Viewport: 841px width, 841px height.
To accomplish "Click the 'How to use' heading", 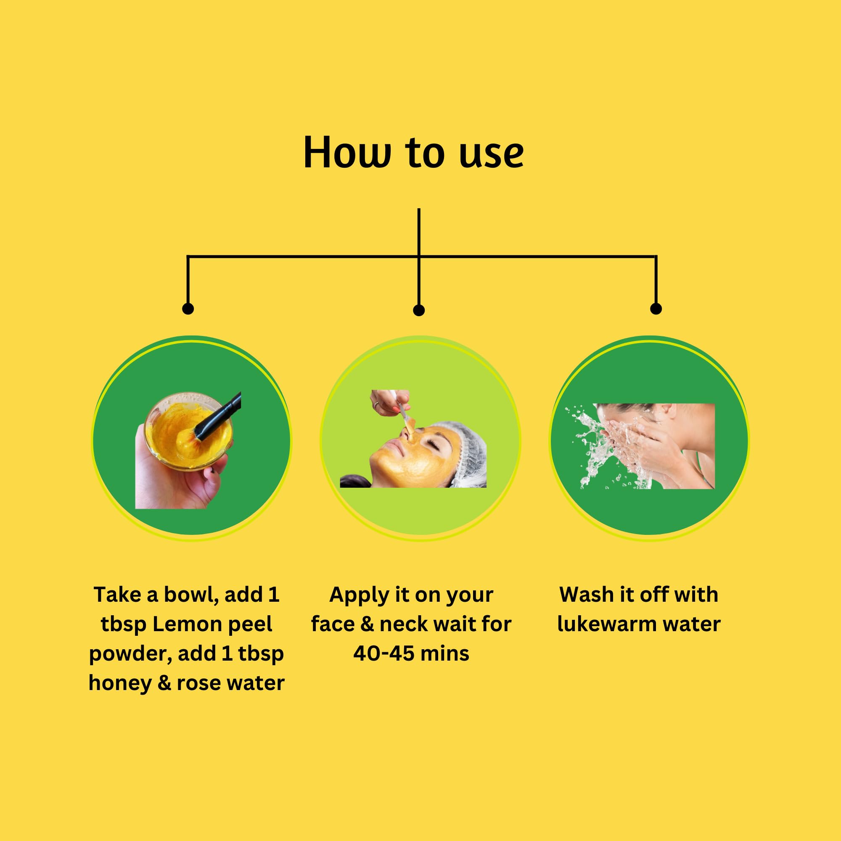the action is (x=413, y=152).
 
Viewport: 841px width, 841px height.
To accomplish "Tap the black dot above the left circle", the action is (x=188, y=309).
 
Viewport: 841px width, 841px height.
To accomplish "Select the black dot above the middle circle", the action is (x=419, y=310).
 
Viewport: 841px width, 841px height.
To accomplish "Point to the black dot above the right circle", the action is (x=656, y=309).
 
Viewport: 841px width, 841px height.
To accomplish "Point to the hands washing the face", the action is (x=661, y=453).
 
